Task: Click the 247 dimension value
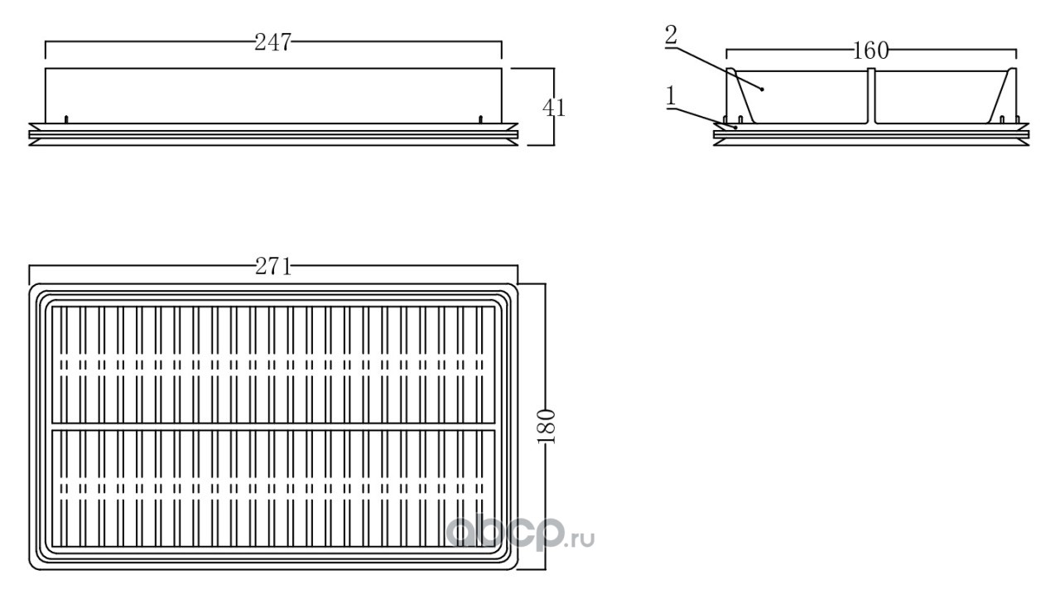[x=272, y=42]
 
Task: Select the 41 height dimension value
[x=554, y=108]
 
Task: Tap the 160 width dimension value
[x=870, y=51]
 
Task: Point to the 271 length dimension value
[x=273, y=267]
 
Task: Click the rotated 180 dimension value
[x=546, y=427]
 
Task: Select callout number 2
[x=671, y=35]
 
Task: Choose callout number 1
[x=671, y=96]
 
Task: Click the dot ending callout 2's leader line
[x=763, y=89]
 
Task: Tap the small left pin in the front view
[x=66, y=119]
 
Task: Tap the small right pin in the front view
[x=481, y=119]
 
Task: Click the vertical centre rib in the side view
[x=871, y=95]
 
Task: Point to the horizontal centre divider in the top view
[x=273, y=427]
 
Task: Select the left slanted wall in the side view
[x=741, y=95]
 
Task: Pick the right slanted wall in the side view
[x=1002, y=95]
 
